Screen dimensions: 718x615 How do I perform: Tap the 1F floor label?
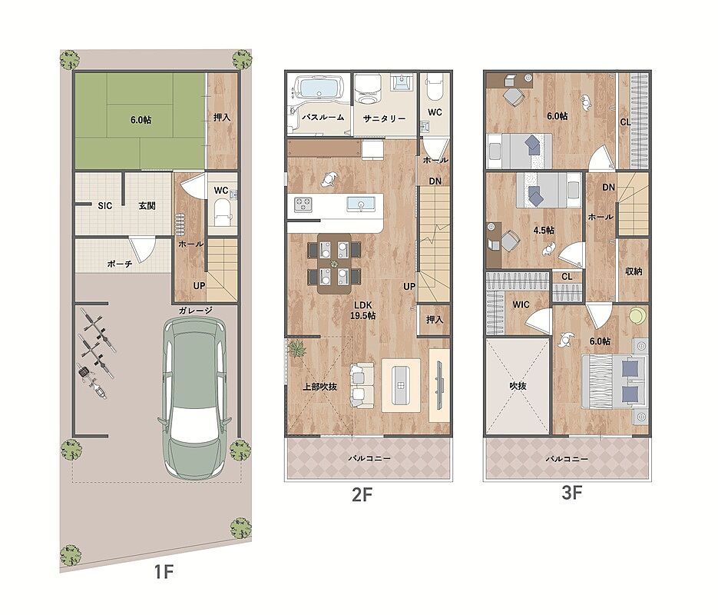tap(163, 571)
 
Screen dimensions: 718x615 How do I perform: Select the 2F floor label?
tap(362, 494)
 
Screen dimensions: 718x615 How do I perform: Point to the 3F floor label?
tap(571, 493)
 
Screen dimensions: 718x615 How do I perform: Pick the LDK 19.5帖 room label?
tap(362, 311)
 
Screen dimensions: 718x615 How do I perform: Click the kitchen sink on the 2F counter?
tap(361, 204)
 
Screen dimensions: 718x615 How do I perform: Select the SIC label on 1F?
tap(105, 206)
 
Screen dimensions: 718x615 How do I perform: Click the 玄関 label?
tap(147, 206)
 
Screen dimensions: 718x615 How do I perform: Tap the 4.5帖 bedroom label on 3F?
tap(544, 230)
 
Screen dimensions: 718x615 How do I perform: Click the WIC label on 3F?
tap(521, 304)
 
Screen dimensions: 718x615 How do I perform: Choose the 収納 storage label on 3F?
tap(634, 271)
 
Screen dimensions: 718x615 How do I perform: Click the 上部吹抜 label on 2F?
tap(319, 387)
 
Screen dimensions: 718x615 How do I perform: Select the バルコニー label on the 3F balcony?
tap(567, 459)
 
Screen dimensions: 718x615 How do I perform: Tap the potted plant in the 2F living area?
tap(298, 349)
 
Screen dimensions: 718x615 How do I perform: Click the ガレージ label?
tap(196, 311)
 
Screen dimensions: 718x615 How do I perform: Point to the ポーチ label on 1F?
tap(120, 264)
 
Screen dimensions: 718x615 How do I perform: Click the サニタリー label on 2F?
tap(384, 118)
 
